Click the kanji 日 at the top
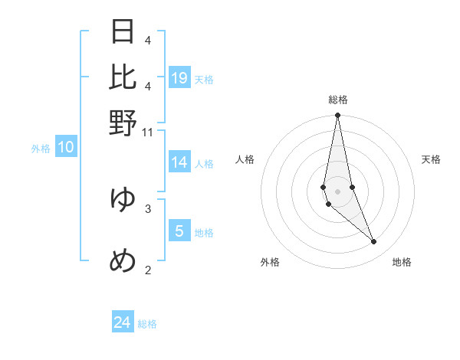[123, 31]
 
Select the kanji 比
[123, 77]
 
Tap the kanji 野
[123, 123]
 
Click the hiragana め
[123, 261]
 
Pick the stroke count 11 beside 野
[148, 133]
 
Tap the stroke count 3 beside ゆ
[148, 208]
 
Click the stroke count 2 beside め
[148, 269]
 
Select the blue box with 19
[179, 77]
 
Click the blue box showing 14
[179, 162]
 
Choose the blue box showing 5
[179, 231]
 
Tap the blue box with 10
[66, 148]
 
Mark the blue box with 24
[123, 322]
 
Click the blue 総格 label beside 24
[147, 324]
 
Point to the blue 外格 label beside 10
[41, 149]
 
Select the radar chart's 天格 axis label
[431, 159]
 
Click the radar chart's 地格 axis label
[402, 262]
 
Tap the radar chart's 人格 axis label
[245, 159]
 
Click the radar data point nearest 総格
[337, 116]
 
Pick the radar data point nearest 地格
[374, 242]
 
